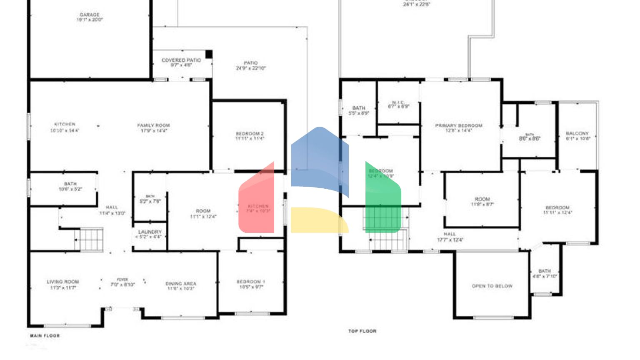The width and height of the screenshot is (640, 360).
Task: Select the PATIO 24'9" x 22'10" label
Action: [250, 65]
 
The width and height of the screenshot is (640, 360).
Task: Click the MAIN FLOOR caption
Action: [45, 335]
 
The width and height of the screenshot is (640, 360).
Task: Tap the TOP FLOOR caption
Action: [362, 331]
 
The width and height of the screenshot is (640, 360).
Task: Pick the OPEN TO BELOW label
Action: [492, 286]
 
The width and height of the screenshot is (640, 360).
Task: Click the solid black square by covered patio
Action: [209, 54]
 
